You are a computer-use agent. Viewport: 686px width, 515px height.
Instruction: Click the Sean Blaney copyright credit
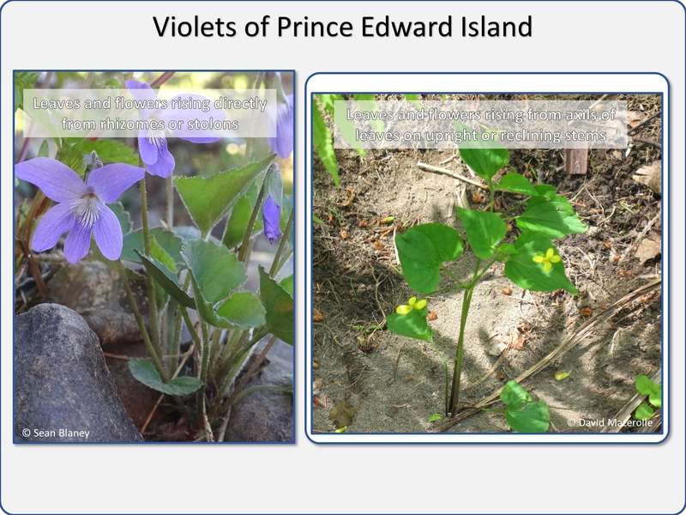click(x=56, y=433)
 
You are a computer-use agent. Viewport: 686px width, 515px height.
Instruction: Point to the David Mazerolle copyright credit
click(x=610, y=422)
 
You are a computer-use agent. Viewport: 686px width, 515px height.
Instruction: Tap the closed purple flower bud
click(x=272, y=218)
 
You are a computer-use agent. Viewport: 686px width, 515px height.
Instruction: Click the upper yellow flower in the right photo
click(x=547, y=259)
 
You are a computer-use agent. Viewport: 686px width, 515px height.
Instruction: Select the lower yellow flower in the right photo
click(x=412, y=306)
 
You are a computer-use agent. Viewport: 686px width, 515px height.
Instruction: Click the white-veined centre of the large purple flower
click(x=88, y=205)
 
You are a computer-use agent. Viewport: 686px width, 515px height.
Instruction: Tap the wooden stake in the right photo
click(x=575, y=161)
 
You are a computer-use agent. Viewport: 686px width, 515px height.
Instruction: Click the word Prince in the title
click(x=314, y=27)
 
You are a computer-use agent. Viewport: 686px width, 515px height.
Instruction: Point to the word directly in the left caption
click(x=240, y=104)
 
